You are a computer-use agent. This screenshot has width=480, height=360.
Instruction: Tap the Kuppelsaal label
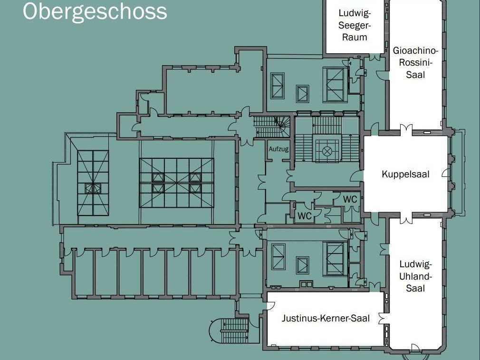(x=405, y=175)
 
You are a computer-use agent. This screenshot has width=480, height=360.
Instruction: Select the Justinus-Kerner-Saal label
(x=326, y=318)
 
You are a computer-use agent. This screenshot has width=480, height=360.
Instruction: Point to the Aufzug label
(x=278, y=149)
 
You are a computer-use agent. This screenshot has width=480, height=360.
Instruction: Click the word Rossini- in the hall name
(x=415, y=62)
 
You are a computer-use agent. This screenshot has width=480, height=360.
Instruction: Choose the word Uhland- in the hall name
(x=415, y=276)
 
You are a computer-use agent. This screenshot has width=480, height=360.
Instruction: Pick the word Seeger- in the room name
(x=355, y=25)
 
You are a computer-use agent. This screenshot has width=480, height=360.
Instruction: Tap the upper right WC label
(x=350, y=199)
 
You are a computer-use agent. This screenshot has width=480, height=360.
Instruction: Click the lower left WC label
(x=304, y=216)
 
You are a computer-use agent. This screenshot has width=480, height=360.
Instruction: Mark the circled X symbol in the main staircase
(x=327, y=151)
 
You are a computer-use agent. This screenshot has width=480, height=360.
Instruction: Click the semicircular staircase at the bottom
(x=230, y=331)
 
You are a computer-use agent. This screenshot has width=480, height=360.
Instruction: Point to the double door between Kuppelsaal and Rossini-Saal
(x=406, y=130)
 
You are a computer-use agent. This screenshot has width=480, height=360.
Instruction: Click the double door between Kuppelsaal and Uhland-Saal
(x=406, y=217)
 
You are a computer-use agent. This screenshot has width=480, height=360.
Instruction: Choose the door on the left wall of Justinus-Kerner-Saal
(x=270, y=306)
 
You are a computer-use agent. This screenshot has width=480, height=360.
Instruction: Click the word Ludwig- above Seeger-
(x=355, y=13)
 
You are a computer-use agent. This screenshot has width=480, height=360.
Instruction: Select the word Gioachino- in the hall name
(x=415, y=50)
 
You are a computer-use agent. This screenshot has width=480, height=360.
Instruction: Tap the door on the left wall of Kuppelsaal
(x=356, y=176)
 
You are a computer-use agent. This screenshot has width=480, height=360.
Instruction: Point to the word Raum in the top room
(x=355, y=38)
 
